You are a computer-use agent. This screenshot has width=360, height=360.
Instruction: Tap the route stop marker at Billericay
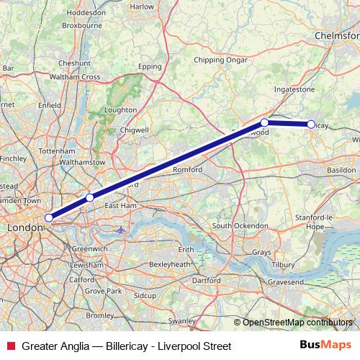[311, 125]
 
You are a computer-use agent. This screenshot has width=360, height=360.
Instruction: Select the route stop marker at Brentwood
[265, 122]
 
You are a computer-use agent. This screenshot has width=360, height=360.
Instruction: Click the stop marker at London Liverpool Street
[49, 217]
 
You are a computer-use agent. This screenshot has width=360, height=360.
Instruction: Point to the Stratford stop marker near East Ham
[90, 197]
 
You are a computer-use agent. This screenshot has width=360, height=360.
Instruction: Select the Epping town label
[150, 66]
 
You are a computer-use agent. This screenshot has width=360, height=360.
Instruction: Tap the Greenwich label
[90, 248]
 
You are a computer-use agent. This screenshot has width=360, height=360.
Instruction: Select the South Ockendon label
[241, 226]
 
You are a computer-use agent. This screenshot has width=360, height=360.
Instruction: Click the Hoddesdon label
[86, 12]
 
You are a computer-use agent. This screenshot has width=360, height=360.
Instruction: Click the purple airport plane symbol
[120, 230]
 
